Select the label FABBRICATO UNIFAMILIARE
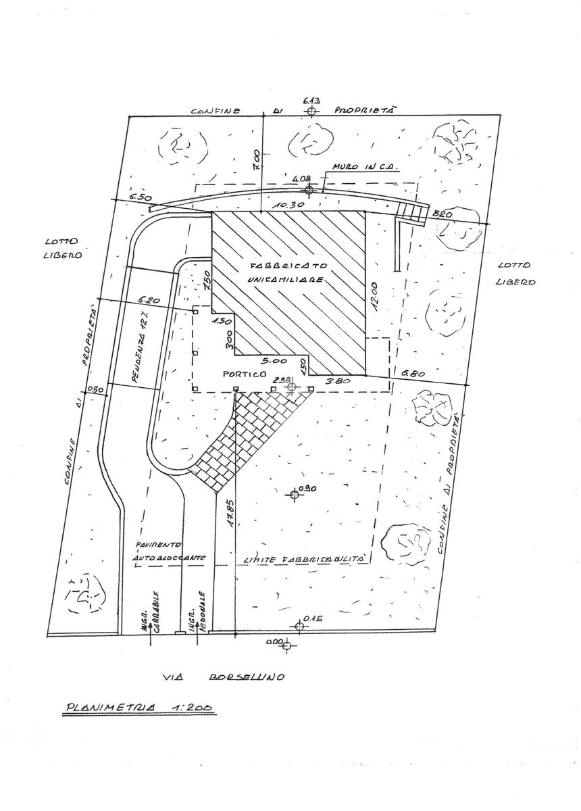(291, 271)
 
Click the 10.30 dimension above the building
(295, 203)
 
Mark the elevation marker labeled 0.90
(294, 495)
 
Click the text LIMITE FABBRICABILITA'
(303, 560)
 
